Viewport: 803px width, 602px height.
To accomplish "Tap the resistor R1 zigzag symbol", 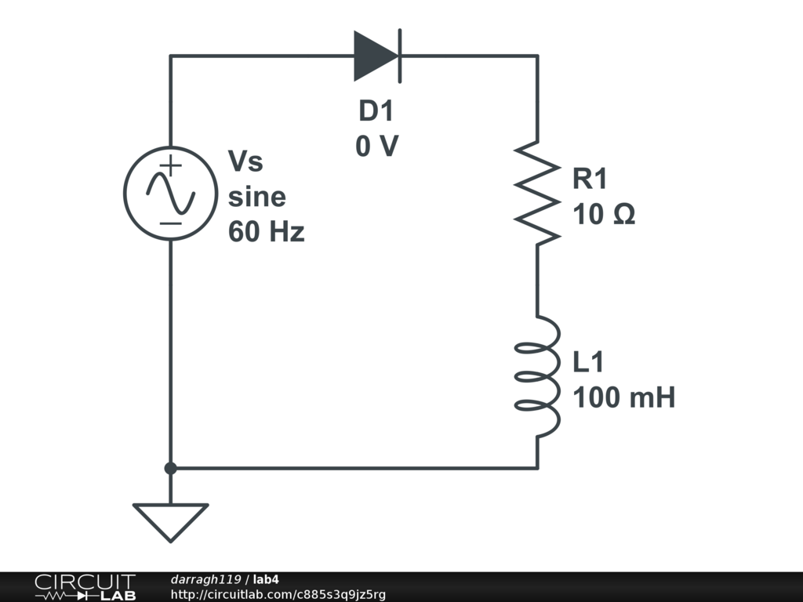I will [537, 192].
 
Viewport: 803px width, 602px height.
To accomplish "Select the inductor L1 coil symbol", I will [537, 376].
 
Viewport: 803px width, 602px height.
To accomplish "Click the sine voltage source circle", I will [170, 193].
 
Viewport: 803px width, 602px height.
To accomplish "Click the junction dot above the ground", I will [170, 469].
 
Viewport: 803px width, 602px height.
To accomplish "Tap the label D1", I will [376, 112].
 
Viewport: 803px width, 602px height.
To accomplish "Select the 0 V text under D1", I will [377, 147].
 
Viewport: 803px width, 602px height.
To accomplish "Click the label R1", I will [590, 180].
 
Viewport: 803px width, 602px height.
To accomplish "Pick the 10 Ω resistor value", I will [604, 214].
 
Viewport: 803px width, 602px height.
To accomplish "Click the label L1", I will [589, 363].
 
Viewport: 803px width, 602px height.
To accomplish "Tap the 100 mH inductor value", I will [624, 398].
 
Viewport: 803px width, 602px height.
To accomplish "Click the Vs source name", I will [245, 162].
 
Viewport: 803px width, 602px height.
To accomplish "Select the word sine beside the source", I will [257, 197].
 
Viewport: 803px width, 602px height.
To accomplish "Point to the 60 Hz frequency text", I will [267, 232].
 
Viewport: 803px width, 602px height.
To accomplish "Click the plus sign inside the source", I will [171, 165].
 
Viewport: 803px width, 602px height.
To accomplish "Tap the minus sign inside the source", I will [171, 223].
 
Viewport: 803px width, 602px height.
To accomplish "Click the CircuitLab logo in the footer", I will [84, 587].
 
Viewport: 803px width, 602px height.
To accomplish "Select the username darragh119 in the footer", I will [205, 579].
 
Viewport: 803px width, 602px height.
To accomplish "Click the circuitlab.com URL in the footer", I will [278, 595].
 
